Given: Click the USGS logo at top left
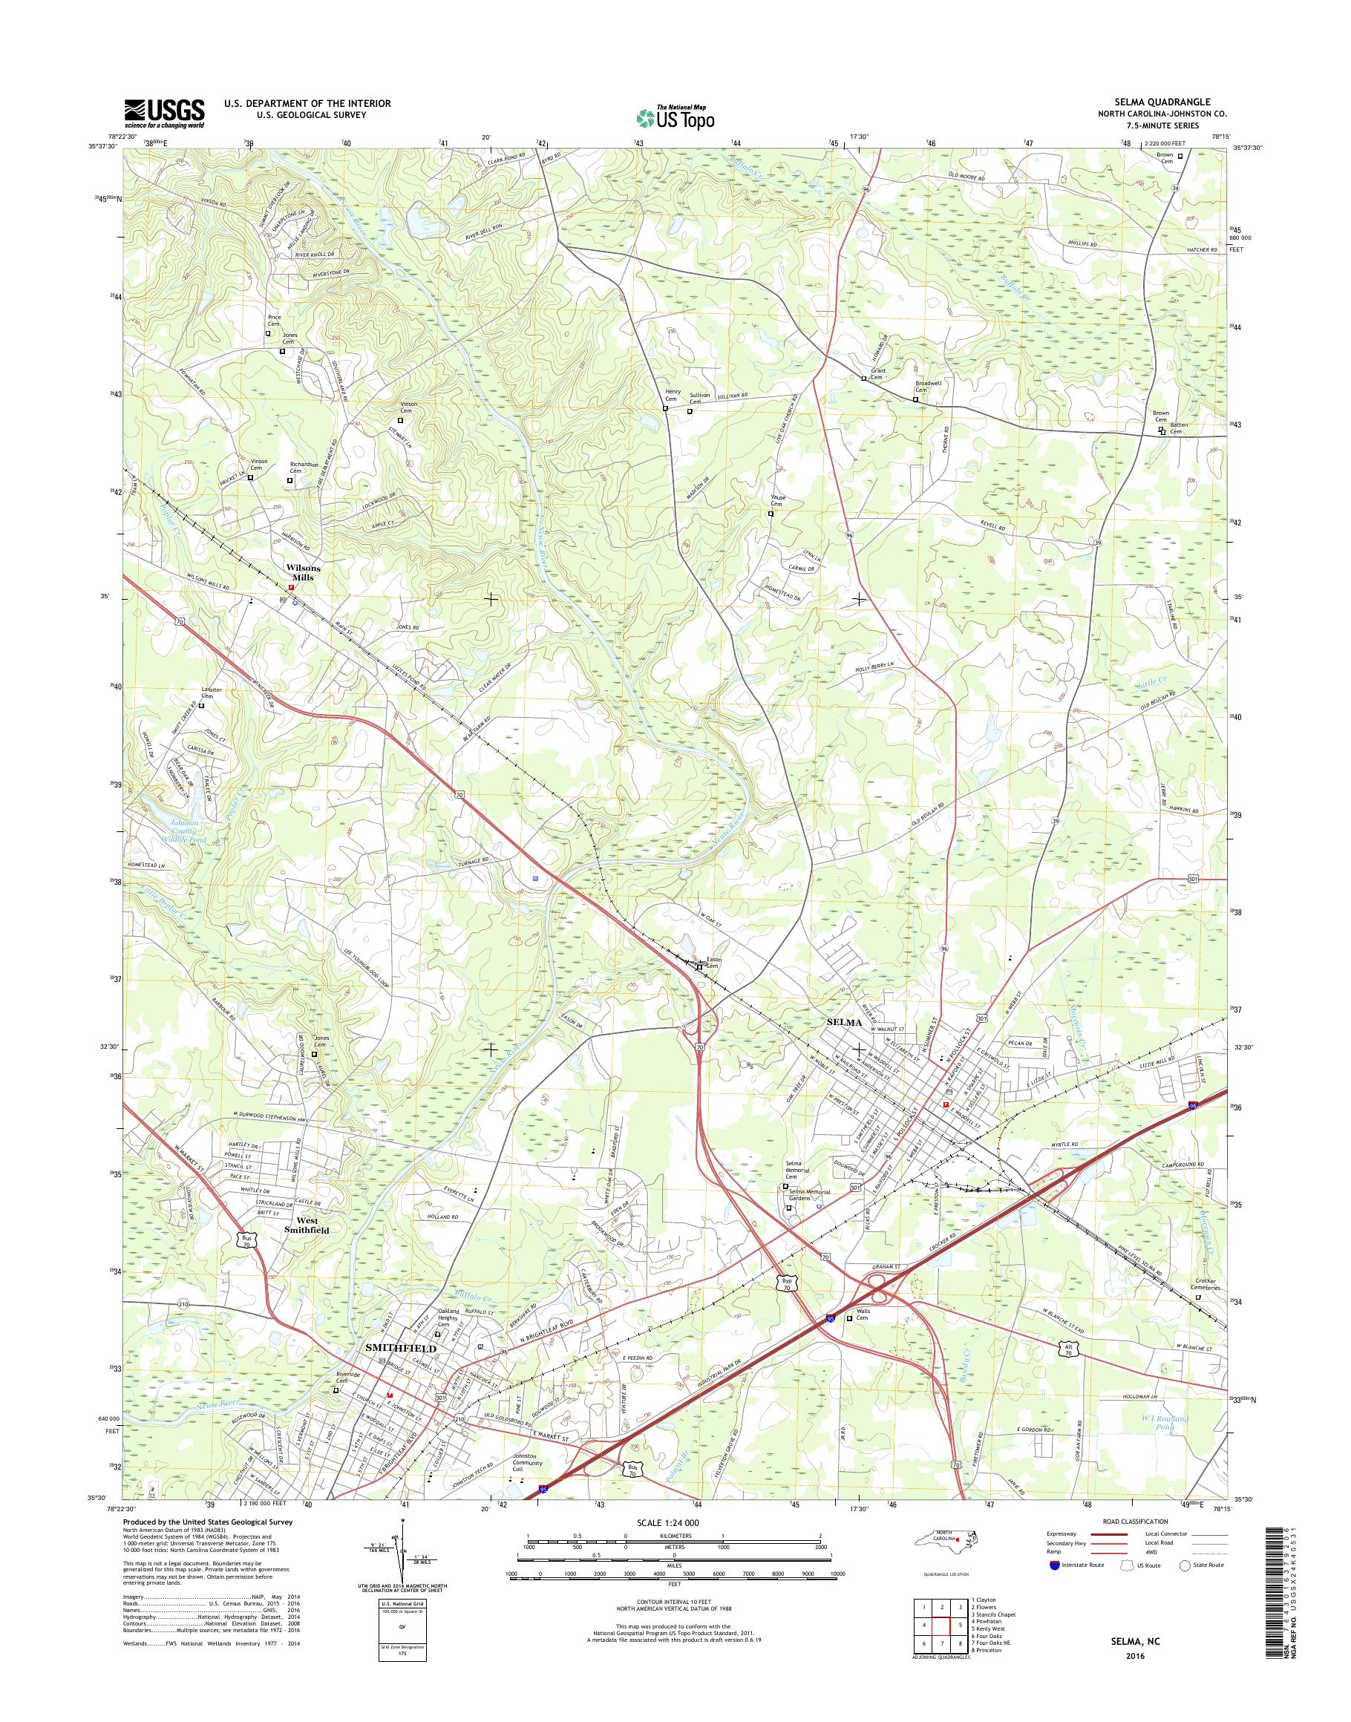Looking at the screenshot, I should click(165, 113).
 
